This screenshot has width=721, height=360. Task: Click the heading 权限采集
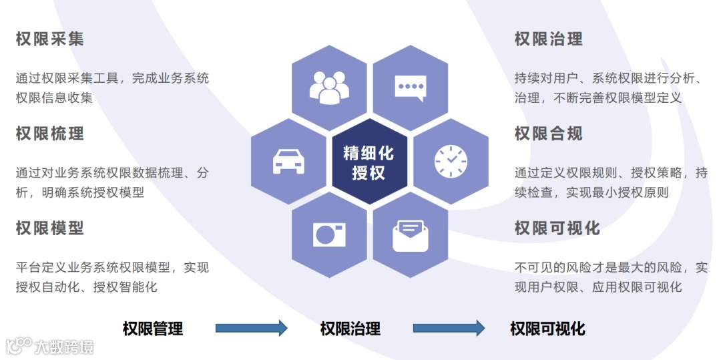[50, 39]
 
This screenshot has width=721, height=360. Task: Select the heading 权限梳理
[50, 134]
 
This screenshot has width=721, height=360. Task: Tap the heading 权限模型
[50, 228]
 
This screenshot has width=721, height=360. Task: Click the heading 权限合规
[548, 134]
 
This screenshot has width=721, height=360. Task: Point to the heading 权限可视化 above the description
[557, 228]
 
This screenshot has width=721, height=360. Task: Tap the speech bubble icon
[410, 87]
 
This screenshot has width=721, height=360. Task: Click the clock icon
[451, 161]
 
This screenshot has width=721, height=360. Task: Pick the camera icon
[329, 234]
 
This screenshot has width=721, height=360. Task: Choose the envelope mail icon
[410, 235]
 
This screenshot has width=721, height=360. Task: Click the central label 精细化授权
[369, 162]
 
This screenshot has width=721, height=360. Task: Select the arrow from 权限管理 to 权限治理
[251, 328]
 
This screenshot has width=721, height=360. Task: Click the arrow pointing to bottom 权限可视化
[449, 328]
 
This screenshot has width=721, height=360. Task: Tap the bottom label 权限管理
[153, 329]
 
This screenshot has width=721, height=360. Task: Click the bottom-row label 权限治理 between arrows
[350, 329]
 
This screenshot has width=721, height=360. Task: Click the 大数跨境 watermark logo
[50, 346]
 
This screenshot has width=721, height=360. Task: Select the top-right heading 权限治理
[548, 39]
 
